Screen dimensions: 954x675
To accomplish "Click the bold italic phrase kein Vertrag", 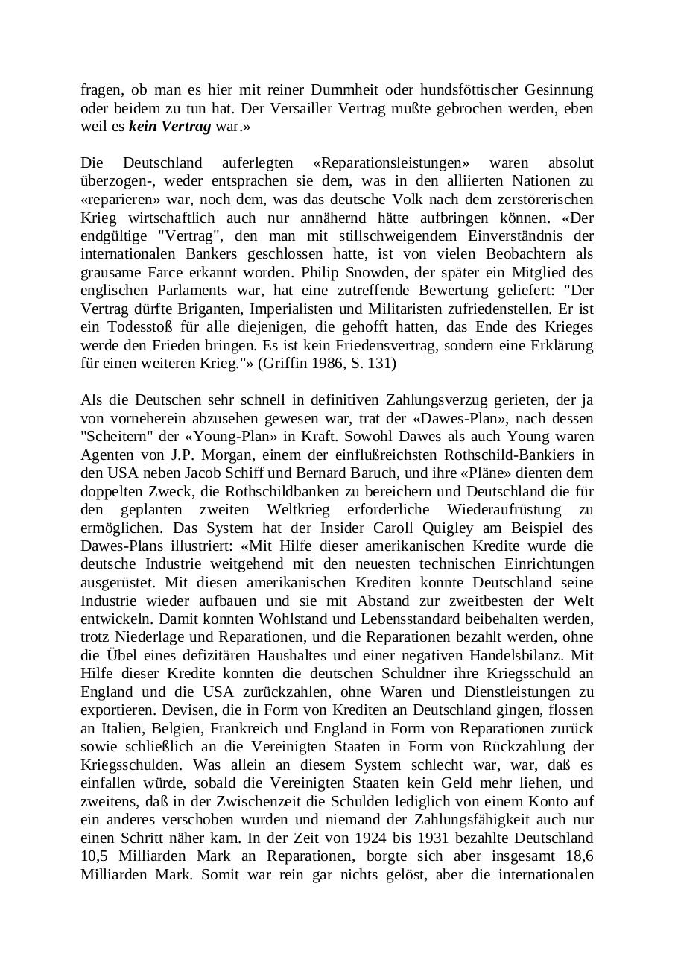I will pyautogui.click(x=170, y=127).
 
